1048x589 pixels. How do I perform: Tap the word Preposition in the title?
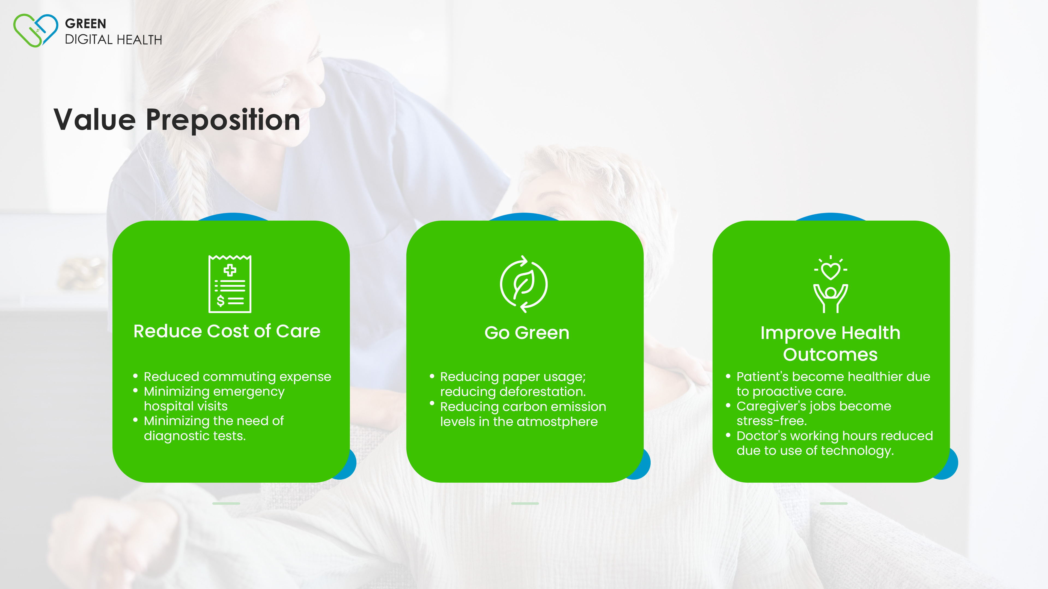coord(223,120)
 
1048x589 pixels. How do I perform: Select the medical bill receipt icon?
coord(230,284)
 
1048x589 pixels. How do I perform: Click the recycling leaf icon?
coord(524,284)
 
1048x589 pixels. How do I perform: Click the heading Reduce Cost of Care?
coord(227,331)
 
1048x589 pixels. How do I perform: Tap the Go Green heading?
coord(527,333)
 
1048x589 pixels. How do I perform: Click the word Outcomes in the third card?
coord(830,354)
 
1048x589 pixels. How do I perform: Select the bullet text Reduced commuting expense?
coord(238,377)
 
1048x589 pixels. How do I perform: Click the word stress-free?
coord(771,421)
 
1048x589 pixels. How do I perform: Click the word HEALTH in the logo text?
coord(139,40)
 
